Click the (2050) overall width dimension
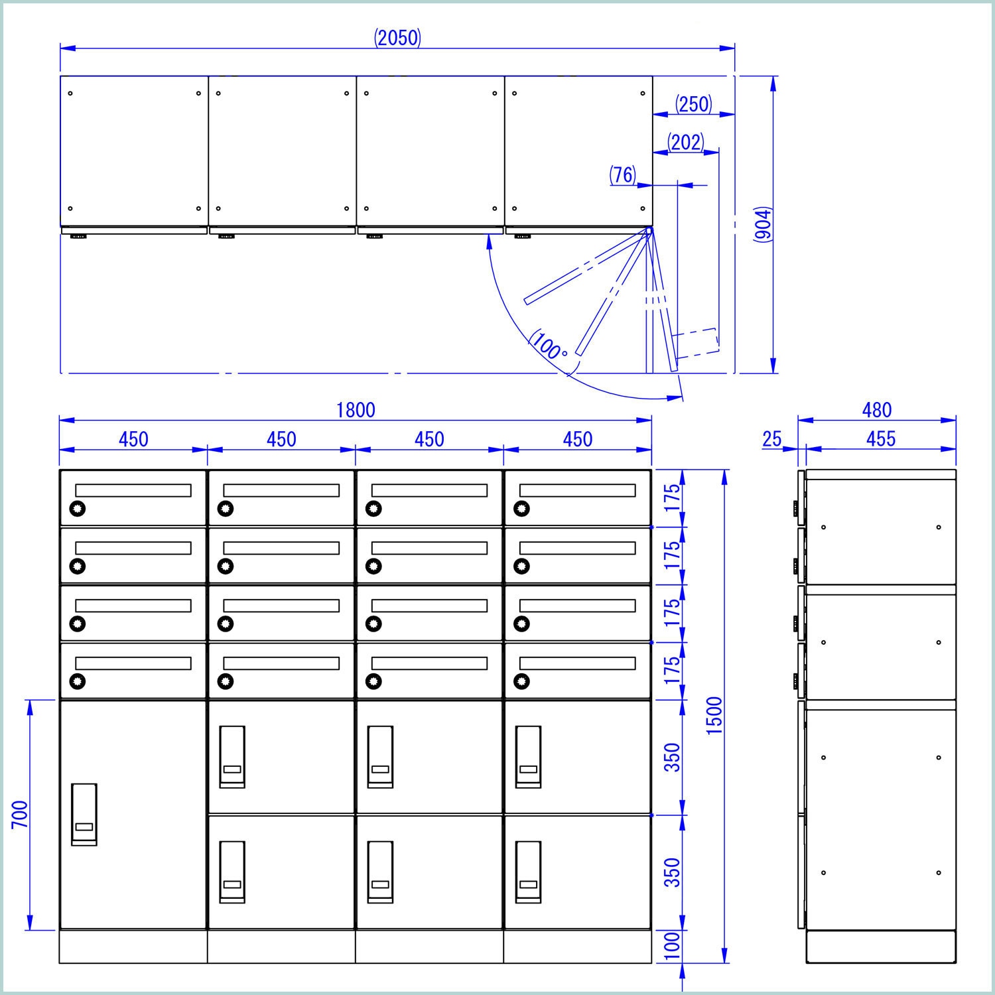pos(397,38)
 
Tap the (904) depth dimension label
pos(763,225)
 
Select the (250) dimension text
pos(693,104)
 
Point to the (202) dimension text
pos(685,143)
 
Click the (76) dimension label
pos(623,175)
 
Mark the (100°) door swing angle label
pos(548,344)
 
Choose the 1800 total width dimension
pos(356,411)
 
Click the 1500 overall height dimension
pos(714,715)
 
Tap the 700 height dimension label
pos(20,815)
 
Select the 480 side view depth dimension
pos(876,411)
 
